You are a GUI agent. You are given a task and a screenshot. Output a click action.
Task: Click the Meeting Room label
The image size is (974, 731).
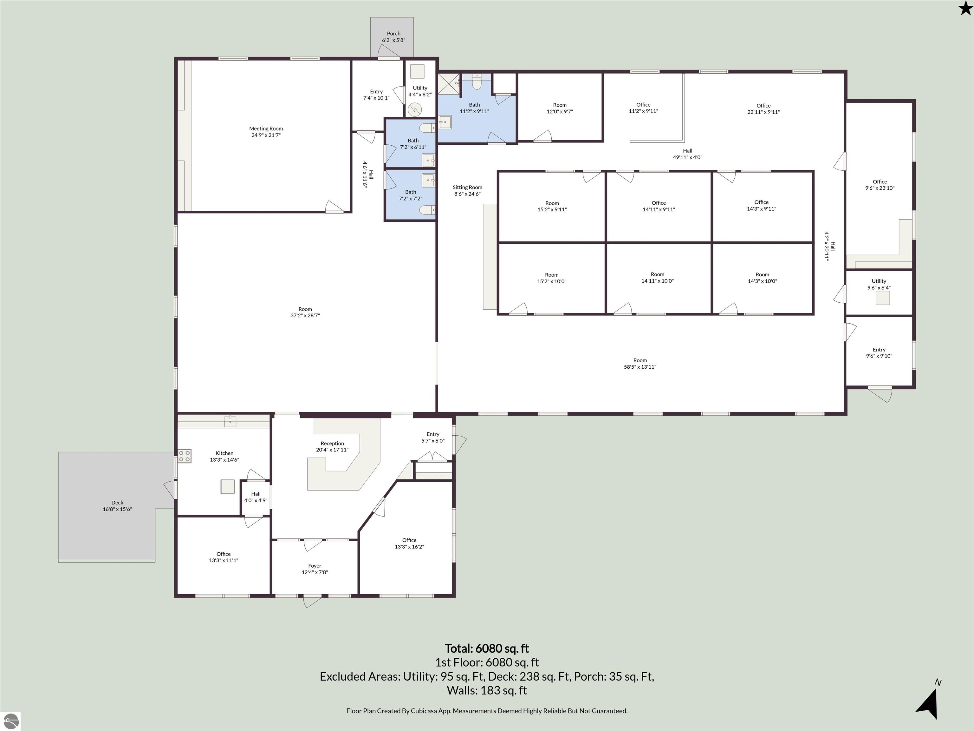(x=266, y=129)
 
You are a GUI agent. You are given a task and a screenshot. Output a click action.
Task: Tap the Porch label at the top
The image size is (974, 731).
(x=394, y=34)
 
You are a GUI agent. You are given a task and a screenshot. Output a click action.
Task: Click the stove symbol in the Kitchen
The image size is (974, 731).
(x=185, y=456)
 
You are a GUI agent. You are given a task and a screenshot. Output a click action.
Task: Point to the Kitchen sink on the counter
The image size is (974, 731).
(x=230, y=421)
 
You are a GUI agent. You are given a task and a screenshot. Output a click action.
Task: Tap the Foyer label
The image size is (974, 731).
(x=315, y=566)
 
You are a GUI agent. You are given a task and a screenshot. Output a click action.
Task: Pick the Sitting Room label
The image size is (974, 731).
(x=467, y=187)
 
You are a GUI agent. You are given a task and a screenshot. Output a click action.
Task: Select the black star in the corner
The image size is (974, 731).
(x=965, y=8)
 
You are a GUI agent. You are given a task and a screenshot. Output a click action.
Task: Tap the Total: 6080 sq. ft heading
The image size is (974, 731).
(x=487, y=649)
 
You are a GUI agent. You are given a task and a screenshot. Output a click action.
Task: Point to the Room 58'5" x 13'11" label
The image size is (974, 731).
(x=640, y=364)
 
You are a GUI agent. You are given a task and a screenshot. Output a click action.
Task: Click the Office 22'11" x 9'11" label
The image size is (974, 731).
(x=763, y=109)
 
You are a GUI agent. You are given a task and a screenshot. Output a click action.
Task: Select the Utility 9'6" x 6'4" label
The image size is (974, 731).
(x=879, y=284)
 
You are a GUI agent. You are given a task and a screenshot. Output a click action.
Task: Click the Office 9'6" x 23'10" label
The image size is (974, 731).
(x=880, y=185)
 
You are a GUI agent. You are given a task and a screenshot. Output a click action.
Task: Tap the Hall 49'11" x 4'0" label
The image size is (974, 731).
(x=687, y=154)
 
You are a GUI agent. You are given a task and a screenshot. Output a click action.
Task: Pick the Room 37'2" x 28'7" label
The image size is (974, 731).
(x=305, y=312)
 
